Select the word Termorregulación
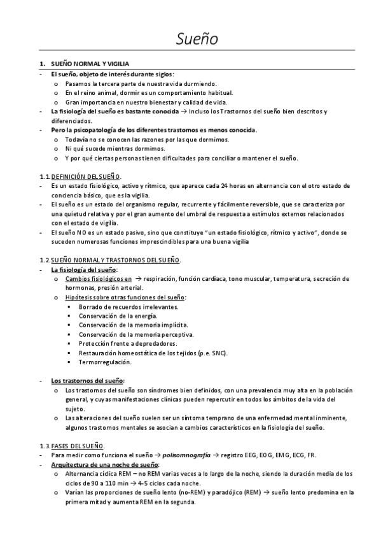pyautogui.click(x=105, y=362)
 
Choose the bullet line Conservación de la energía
pyautogui.click(x=118, y=315)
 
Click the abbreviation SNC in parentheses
pyautogui.click(x=216, y=353)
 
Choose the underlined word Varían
pyautogui.click(x=75, y=492)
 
